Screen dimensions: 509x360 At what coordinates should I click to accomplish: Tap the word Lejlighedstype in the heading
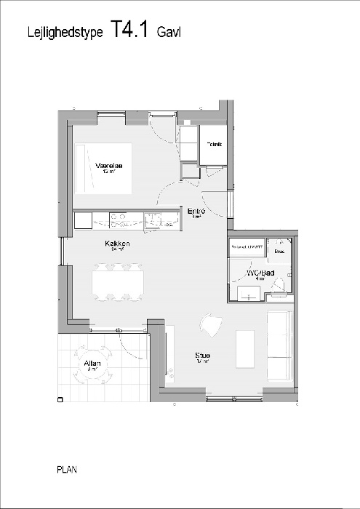[x=65, y=32]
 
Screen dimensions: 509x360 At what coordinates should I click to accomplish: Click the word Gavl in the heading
[x=169, y=32]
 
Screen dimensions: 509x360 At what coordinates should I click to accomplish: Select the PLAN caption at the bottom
[x=66, y=470]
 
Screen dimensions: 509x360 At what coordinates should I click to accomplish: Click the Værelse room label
[x=108, y=167]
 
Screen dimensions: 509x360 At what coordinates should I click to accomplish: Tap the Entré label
[x=196, y=212]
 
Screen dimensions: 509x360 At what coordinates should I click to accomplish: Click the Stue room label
[x=202, y=356]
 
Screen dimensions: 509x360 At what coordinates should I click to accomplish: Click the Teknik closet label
[x=214, y=143]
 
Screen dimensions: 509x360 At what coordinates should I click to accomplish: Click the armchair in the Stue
[x=210, y=325]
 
